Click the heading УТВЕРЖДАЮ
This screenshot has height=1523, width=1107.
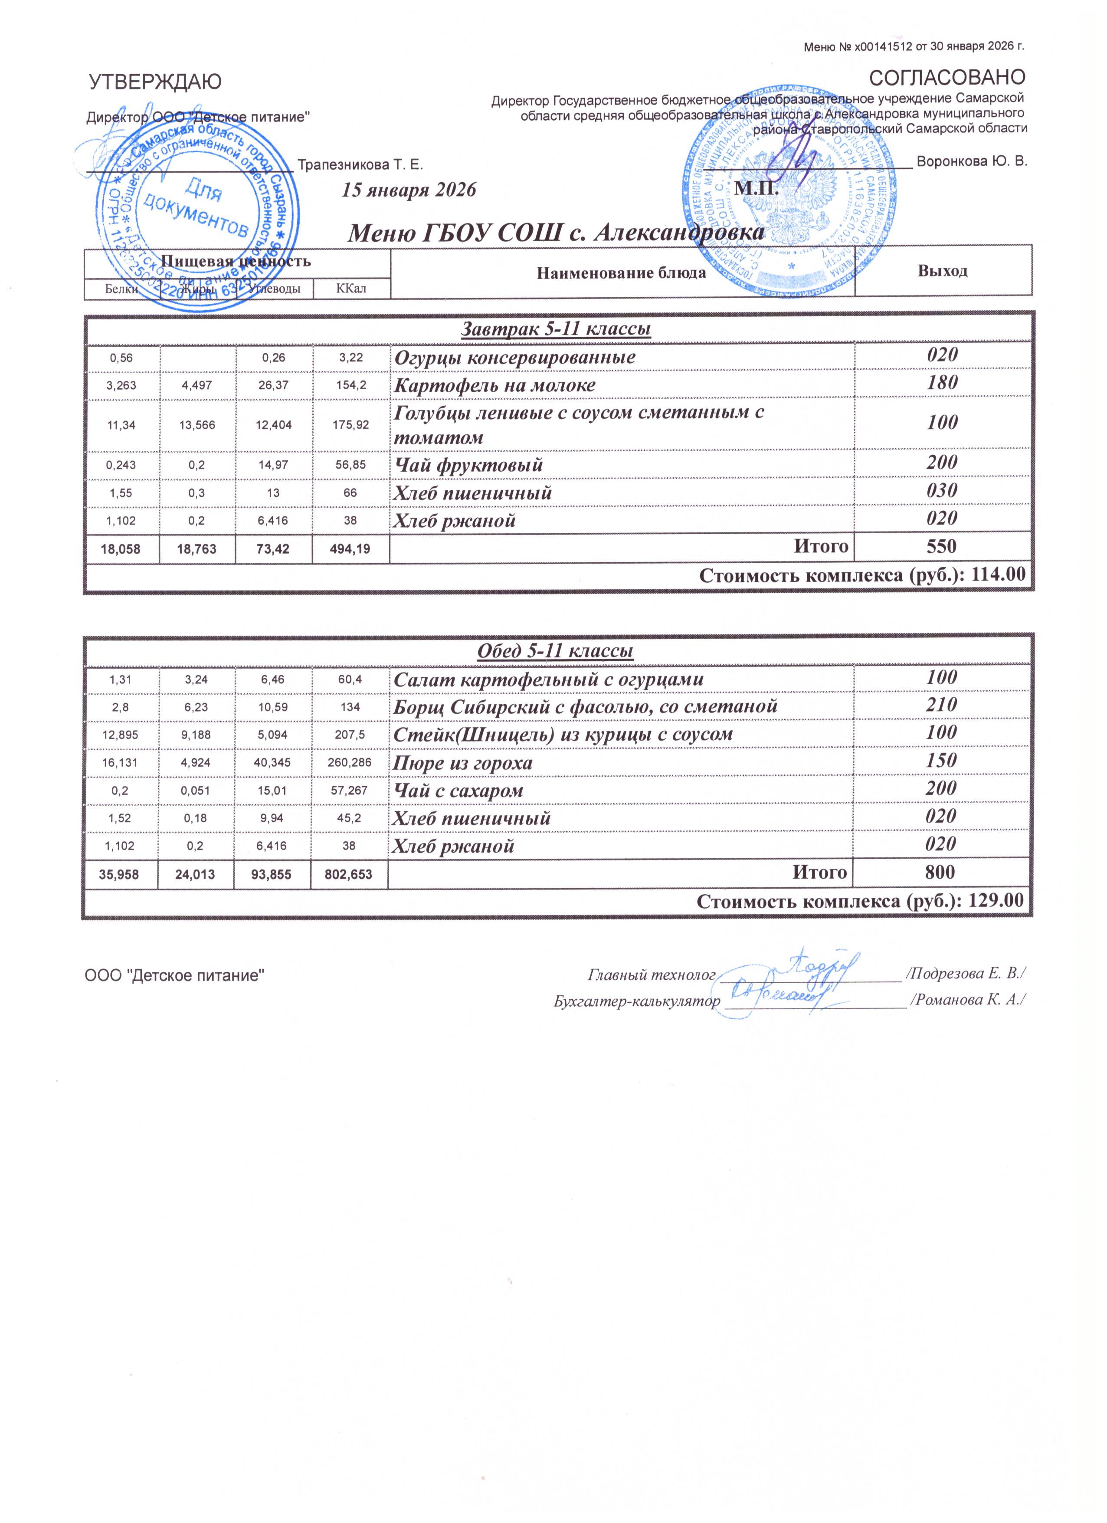point(154,82)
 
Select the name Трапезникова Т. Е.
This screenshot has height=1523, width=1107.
point(360,164)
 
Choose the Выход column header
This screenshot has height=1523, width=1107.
point(943,271)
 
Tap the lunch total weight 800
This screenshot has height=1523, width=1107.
point(940,872)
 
